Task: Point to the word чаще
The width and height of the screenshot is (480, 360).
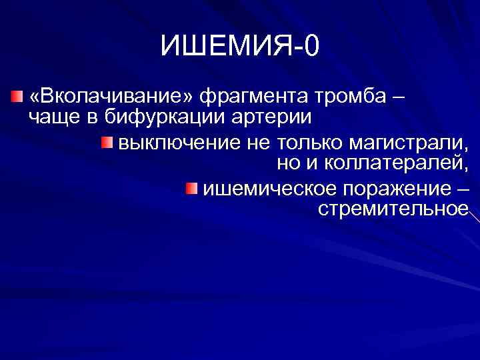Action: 55,118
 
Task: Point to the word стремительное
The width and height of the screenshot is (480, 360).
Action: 393,209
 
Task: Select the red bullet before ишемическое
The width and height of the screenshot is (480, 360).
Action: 192,189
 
